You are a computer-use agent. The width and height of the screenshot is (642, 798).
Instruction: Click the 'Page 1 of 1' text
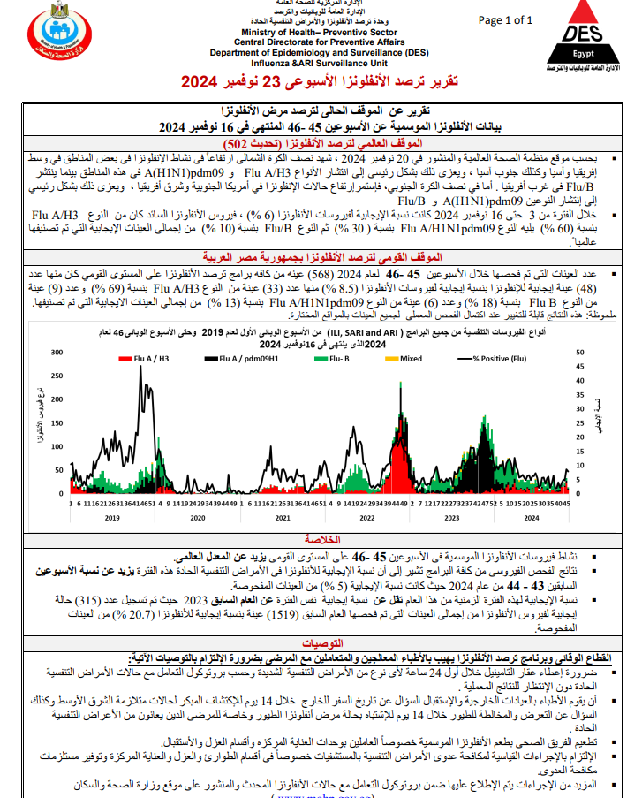[x=505, y=20]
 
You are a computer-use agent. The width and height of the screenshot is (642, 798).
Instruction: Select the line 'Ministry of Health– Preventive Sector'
[x=283, y=31]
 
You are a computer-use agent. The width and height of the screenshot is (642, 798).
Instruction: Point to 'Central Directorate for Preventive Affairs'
[x=283, y=42]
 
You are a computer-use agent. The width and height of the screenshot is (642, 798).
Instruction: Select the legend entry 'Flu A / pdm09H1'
[x=227, y=360]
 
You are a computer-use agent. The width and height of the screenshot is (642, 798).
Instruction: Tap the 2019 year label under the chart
[x=111, y=518]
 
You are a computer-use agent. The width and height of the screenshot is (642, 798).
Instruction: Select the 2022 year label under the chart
[x=366, y=518]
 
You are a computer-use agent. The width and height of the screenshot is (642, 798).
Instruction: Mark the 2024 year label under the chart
[x=532, y=518]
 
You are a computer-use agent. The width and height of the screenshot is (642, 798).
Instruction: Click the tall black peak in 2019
[x=141, y=371]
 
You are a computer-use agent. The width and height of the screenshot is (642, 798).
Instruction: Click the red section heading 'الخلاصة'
[x=321, y=538]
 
